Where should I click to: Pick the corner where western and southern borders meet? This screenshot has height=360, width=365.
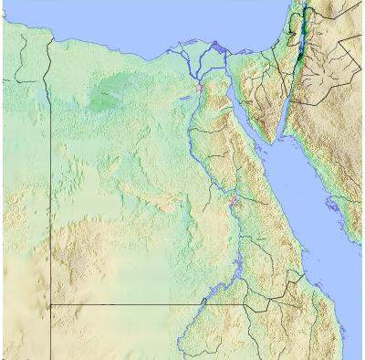49,304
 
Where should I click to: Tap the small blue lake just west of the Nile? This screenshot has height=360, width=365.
185,90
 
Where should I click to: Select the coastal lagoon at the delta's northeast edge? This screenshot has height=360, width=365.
217,45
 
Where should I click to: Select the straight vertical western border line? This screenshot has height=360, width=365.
49,183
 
